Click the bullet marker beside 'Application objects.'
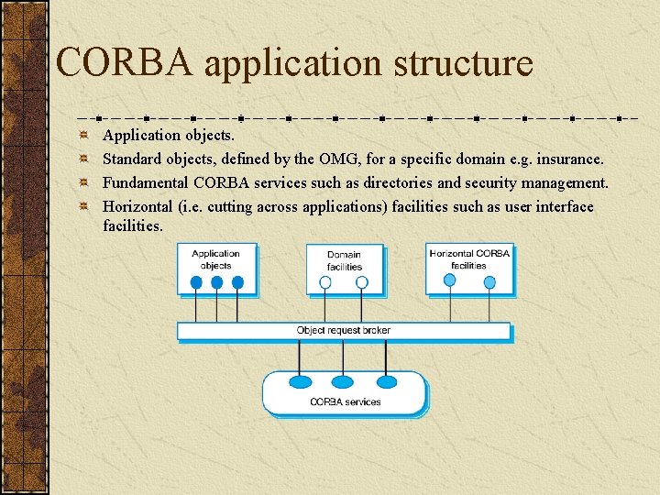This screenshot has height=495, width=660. click(82, 136)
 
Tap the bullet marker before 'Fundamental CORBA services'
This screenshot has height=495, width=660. click(82, 183)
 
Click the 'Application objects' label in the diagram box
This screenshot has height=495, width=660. click(215, 259)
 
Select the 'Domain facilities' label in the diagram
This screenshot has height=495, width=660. click(345, 260)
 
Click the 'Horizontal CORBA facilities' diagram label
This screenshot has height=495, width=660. click(468, 258)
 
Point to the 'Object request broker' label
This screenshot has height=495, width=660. click(343, 330)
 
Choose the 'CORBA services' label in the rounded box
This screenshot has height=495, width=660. click(345, 401)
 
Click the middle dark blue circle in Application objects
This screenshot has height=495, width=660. click(216, 283)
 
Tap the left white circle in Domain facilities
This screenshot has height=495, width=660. click(325, 283)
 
